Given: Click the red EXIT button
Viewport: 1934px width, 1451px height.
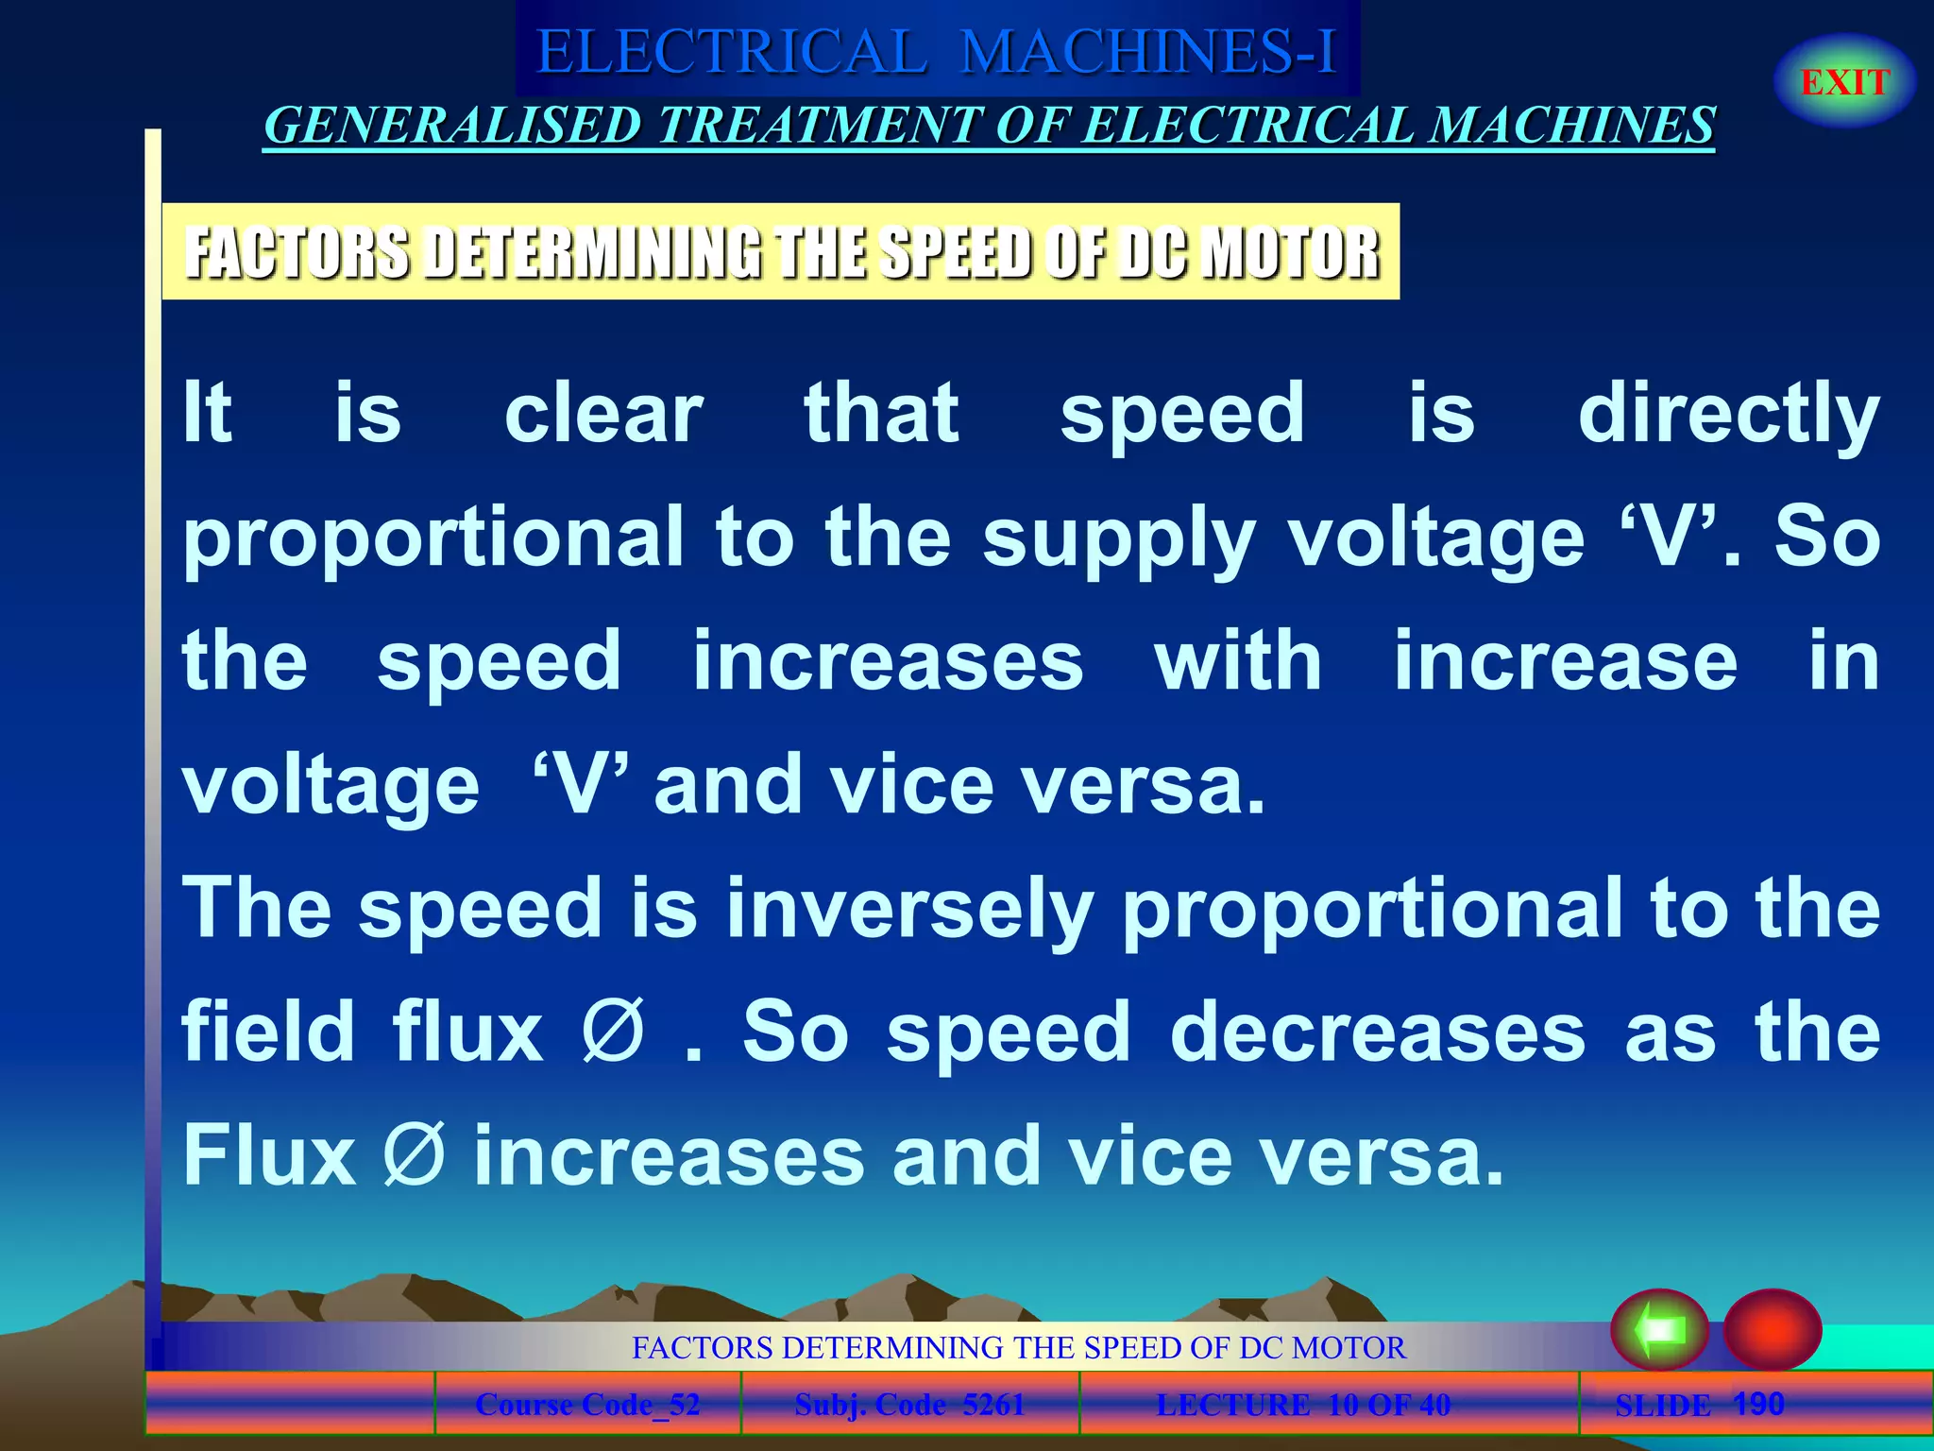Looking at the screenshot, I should (1844, 82).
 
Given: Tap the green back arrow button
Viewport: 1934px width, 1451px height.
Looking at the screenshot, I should (1659, 1330).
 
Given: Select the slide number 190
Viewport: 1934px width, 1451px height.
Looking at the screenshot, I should (1758, 1404).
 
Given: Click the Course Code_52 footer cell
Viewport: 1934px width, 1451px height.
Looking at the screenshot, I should (587, 1405).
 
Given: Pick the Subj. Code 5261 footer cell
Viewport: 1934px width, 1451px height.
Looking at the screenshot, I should (909, 1405).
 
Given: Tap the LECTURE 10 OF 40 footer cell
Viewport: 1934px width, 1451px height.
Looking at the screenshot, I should (1303, 1405).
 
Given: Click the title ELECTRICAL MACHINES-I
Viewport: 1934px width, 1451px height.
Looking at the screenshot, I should (937, 51).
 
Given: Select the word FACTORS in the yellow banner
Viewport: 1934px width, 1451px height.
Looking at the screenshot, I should (297, 253).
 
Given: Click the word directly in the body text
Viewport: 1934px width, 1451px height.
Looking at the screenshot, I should (1728, 414).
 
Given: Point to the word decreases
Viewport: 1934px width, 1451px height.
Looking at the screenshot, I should (1378, 1033).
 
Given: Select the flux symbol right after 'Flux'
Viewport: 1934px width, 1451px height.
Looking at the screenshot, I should (414, 1155).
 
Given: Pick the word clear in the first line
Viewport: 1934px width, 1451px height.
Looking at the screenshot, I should (603, 414).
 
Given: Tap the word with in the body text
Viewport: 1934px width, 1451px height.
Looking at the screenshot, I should (1238, 661).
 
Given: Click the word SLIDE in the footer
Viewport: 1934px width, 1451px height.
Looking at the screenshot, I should (1662, 1406).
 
